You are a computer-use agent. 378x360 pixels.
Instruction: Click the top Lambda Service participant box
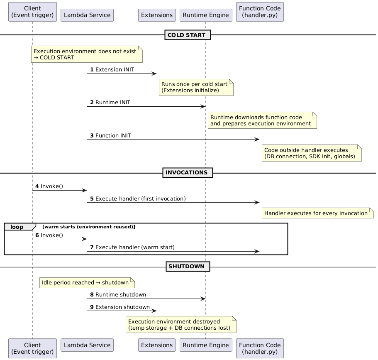point(87,15)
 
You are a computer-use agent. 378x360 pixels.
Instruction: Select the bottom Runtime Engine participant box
point(205,345)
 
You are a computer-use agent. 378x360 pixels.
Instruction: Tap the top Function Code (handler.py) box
point(260,12)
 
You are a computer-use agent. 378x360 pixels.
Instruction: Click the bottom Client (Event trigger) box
point(32,348)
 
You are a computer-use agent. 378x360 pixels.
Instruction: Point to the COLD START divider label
point(188,35)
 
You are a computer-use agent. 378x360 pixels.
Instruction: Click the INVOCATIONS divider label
point(188,172)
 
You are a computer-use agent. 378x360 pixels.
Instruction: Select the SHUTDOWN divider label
point(188,266)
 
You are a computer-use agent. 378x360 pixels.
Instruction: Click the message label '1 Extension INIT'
point(112,69)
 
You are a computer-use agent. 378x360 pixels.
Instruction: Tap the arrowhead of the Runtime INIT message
point(203,106)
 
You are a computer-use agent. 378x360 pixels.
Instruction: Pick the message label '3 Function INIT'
point(111,135)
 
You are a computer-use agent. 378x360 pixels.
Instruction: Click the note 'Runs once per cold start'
point(196,87)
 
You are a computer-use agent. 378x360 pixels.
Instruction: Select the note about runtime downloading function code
point(262,120)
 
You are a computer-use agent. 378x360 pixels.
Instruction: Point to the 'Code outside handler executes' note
point(311,153)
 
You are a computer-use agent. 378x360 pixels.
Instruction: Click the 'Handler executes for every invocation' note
point(317,213)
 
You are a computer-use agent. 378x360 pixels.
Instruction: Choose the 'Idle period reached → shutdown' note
point(87,283)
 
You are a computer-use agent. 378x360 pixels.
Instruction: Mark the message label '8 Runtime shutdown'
point(118,294)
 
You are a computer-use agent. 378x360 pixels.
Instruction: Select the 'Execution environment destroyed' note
point(181,325)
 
